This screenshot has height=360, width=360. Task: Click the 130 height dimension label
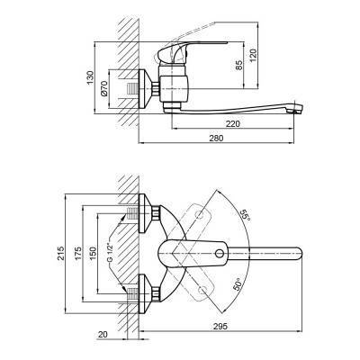click(90, 78)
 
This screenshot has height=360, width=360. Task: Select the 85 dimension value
click(238, 66)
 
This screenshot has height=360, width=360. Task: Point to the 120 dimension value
click(254, 56)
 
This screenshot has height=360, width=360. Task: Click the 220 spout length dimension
click(233, 123)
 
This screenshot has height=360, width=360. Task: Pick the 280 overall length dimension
click(216, 139)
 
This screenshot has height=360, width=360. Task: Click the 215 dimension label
click(61, 253)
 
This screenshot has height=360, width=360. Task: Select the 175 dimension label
click(78, 254)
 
